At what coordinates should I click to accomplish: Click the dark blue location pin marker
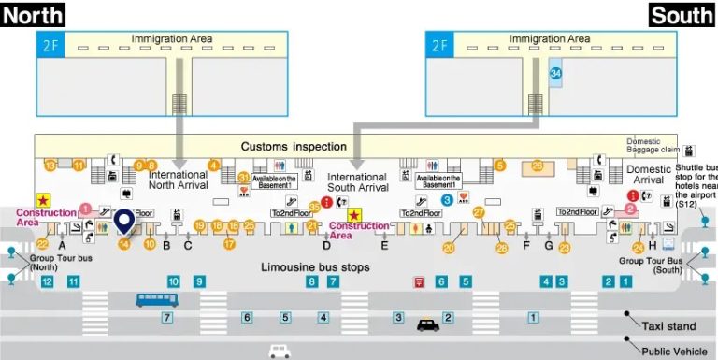[124, 222]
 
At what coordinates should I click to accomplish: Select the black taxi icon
[427, 326]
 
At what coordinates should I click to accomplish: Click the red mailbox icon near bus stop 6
[420, 281]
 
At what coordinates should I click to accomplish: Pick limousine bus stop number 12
[47, 281]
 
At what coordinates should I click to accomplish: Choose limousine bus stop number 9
[198, 281]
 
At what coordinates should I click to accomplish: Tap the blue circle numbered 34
[556, 72]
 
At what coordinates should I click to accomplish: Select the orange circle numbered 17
[229, 244]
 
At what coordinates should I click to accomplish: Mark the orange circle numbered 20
[449, 248]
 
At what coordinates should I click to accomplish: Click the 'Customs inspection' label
[294, 147]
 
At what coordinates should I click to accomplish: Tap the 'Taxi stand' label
[669, 326]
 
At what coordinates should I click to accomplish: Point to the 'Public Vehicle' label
[674, 351]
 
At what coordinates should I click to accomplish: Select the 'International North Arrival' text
[178, 180]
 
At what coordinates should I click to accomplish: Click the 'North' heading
[33, 14]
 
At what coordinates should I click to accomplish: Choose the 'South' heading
[682, 15]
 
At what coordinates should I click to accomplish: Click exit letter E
[384, 246]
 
